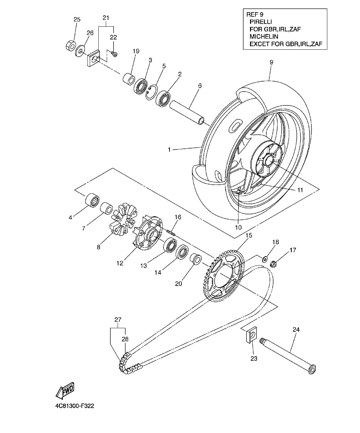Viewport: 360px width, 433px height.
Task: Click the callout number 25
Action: point(77,20)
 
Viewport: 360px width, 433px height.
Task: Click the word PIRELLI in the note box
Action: point(261,22)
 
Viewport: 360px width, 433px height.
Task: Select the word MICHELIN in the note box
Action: point(263,37)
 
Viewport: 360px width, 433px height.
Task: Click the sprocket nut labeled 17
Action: point(273,264)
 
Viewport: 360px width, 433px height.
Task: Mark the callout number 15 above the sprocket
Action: point(249,236)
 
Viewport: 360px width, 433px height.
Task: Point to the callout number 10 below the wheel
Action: point(238,228)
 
